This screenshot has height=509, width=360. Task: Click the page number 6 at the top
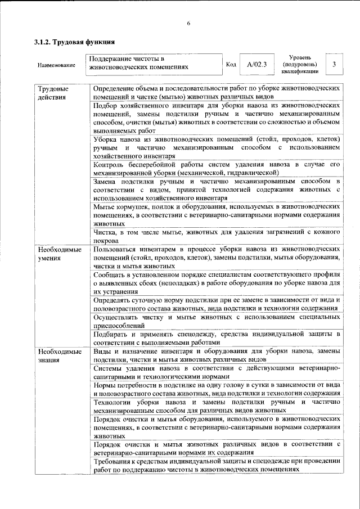coord(189,22)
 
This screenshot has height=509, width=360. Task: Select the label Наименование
coord(57,66)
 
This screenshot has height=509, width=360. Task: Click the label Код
coord(230,65)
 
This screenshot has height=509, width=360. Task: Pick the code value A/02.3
coord(256,65)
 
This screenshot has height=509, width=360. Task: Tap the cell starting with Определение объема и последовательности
coord(217,93)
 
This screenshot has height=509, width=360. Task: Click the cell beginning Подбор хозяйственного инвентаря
coord(217,118)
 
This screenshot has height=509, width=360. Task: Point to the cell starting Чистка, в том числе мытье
coord(217,236)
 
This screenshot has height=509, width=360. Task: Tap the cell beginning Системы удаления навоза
coord(217,372)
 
